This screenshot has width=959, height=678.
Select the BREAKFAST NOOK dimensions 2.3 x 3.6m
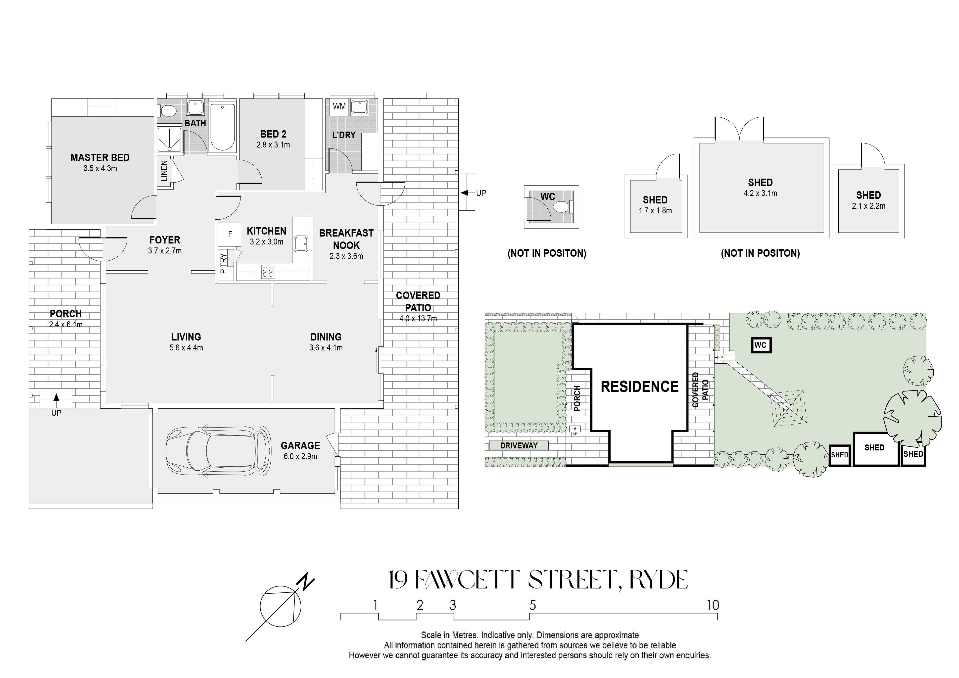(346, 256)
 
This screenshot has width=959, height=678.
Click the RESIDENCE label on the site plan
(639, 387)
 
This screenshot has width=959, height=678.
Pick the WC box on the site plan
(761, 345)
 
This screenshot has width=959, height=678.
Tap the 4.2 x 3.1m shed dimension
(760, 194)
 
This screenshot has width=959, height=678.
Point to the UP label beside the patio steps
(481, 193)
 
